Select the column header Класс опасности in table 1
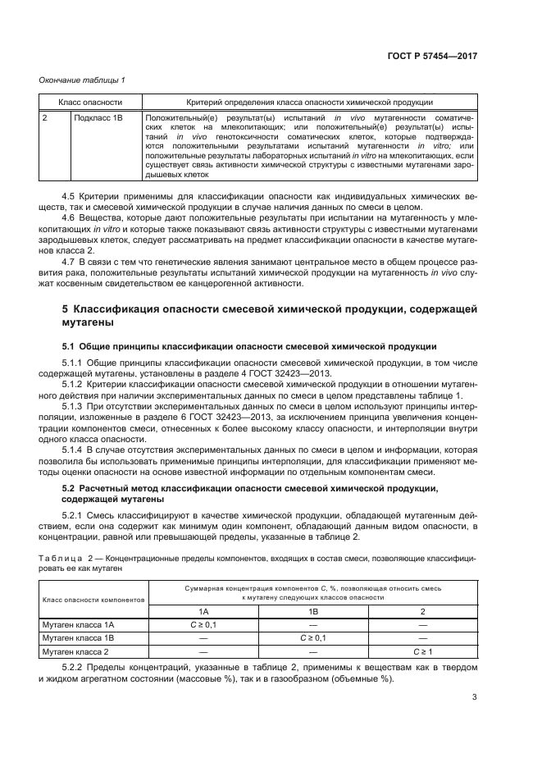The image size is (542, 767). pos(89,103)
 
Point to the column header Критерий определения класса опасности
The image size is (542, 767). pos(309,103)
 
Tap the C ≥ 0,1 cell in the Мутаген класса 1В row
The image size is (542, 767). pos(312,637)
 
